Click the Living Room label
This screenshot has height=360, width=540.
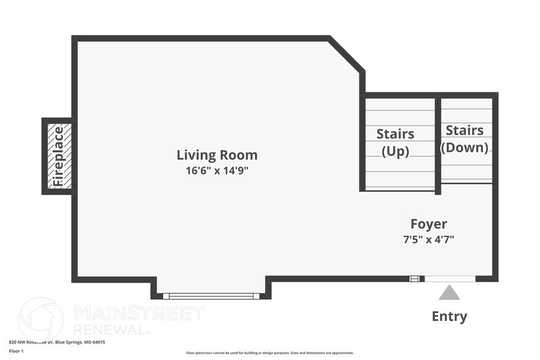(217, 155)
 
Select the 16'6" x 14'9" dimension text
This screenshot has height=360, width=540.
(217, 170)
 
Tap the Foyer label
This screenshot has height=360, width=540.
(428, 224)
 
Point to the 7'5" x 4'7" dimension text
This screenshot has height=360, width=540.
(428, 239)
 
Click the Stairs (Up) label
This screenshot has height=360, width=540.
(395, 142)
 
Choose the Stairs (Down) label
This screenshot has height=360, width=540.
(465, 138)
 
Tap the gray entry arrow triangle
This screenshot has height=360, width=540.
(449, 293)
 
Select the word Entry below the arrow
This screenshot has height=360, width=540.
(449, 317)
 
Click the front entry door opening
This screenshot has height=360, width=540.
(449, 279)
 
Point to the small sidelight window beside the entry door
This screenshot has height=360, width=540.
(415, 279)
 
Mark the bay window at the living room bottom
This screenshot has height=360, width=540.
(211, 296)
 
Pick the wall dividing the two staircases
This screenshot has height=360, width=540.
(438, 146)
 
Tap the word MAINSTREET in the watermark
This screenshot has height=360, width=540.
(138, 313)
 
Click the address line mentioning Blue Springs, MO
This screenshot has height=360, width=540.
(57, 342)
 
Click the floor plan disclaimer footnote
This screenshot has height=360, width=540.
(269, 353)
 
